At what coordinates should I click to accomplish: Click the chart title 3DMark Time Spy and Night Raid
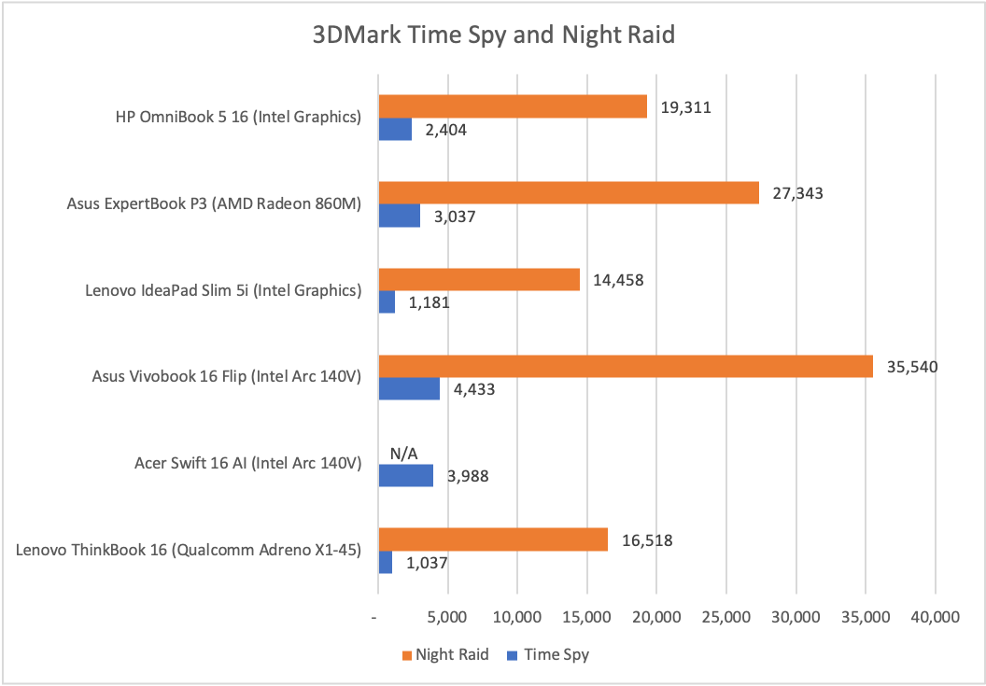tap(493, 36)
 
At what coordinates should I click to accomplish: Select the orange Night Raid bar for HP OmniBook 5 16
tap(513, 106)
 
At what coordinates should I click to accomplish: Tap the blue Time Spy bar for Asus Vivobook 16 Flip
tap(408, 389)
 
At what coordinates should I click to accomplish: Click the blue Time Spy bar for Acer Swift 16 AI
tap(405, 476)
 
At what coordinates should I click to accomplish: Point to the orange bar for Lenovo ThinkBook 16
tap(492, 539)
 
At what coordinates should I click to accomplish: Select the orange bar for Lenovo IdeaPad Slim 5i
tap(478, 279)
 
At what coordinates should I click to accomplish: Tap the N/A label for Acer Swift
tap(404, 453)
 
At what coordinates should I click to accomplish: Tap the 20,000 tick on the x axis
tap(656, 618)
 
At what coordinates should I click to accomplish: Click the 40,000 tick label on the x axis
tap(935, 618)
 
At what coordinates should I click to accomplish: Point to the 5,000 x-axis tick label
tap(447, 618)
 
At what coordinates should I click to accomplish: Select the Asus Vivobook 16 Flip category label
tap(227, 376)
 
